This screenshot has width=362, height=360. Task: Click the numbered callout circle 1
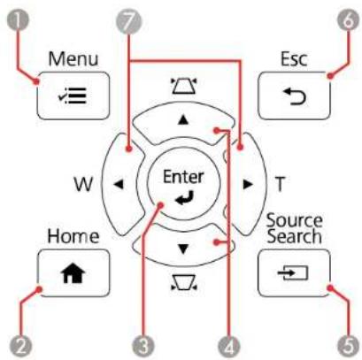coord(18,21)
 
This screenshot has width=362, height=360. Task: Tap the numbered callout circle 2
coord(20,346)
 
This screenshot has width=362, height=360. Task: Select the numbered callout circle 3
coord(143,346)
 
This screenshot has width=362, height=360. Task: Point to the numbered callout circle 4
coord(229,346)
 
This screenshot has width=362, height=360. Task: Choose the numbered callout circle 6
coord(349,21)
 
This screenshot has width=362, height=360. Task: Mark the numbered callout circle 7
coord(128,21)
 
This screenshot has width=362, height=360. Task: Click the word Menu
coord(73,58)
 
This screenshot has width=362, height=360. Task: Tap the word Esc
coord(294,58)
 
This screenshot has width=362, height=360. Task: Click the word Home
coord(73,236)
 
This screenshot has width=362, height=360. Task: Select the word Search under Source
coord(294,236)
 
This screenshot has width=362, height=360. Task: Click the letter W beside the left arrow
coord(83,185)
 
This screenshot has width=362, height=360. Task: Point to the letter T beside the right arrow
coord(280,184)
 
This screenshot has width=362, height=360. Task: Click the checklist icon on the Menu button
coord(73,96)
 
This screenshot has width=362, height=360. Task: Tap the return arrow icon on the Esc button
coord(294,96)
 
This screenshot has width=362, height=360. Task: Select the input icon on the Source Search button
coord(293,272)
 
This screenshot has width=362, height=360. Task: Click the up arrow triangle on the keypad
coord(183,119)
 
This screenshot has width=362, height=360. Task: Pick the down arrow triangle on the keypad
coord(183,249)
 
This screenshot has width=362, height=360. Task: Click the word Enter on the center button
coord(183,177)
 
